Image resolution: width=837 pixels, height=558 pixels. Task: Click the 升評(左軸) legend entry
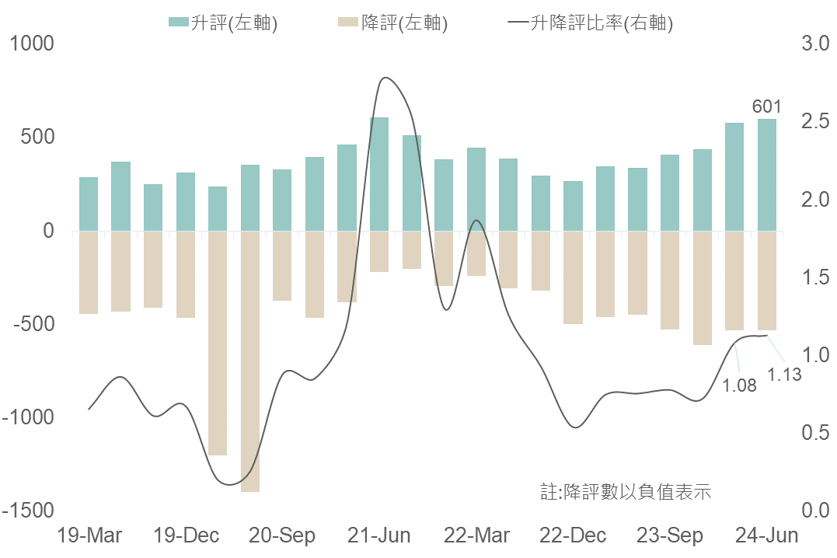(x=224, y=23)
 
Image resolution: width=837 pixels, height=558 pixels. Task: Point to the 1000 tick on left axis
(x=32, y=44)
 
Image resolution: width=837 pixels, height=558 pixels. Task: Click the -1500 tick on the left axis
(x=29, y=511)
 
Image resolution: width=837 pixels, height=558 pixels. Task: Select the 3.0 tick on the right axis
(x=814, y=44)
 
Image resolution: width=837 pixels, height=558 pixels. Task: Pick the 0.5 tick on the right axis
(x=814, y=433)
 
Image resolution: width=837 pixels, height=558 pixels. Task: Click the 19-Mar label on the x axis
(x=91, y=535)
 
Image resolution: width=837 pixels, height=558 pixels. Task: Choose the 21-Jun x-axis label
(x=379, y=535)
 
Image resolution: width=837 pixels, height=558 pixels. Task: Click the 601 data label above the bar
(x=766, y=106)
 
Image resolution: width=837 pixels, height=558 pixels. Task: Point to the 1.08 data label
(x=739, y=385)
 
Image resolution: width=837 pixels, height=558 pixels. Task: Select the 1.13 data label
(x=784, y=375)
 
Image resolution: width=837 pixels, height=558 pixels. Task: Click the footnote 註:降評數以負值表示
(x=626, y=492)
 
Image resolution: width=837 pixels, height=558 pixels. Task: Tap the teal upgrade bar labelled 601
(x=767, y=175)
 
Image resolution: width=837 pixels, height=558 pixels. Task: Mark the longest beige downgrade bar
(x=250, y=361)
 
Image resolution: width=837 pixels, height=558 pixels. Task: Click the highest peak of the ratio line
(x=385, y=78)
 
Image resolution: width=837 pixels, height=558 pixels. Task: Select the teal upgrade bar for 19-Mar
(x=89, y=204)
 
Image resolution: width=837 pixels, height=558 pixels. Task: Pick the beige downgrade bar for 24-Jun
(x=767, y=281)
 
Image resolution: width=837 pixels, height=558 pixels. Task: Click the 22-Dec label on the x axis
(x=573, y=535)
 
